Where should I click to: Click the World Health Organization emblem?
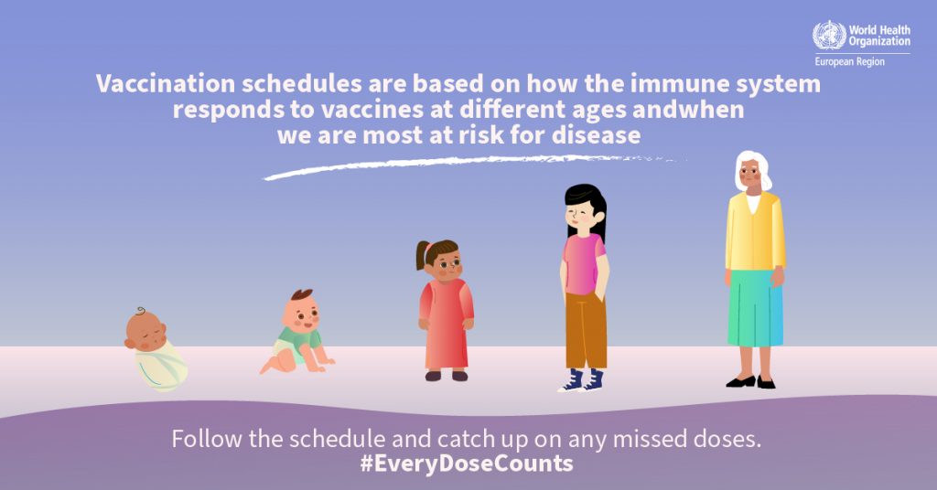pos(829,36)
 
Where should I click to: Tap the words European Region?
pos(850,61)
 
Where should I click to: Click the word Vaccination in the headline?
pos(165,83)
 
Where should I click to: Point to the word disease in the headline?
pos(596,135)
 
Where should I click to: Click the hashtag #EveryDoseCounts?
pos(467,463)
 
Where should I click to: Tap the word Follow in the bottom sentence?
pos(208,439)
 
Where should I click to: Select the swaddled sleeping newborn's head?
pos(145,331)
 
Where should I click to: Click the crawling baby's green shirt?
pos(299,339)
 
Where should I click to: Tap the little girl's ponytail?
pos(423,255)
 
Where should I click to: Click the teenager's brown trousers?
pos(586,330)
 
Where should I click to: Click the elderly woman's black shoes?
pos(750,382)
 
